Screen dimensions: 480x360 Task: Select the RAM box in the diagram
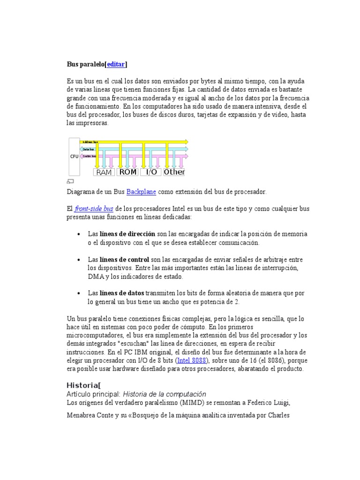(x=104, y=172)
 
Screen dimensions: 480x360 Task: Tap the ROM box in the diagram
(x=128, y=172)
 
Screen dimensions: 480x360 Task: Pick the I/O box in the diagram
(x=151, y=172)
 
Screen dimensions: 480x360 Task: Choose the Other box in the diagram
(x=174, y=172)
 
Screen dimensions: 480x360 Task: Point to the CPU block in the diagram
(x=74, y=156)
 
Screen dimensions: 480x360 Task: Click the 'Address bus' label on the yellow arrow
(x=90, y=142)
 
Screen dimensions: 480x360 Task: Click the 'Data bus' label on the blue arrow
(x=89, y=149)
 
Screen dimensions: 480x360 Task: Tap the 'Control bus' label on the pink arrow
(x=89, y=156)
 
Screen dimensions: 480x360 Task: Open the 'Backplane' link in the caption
(x=141, y=192)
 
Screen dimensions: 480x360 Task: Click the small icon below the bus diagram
(x=71, y=181)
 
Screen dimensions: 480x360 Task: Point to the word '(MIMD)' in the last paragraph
(x=182, y=402)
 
